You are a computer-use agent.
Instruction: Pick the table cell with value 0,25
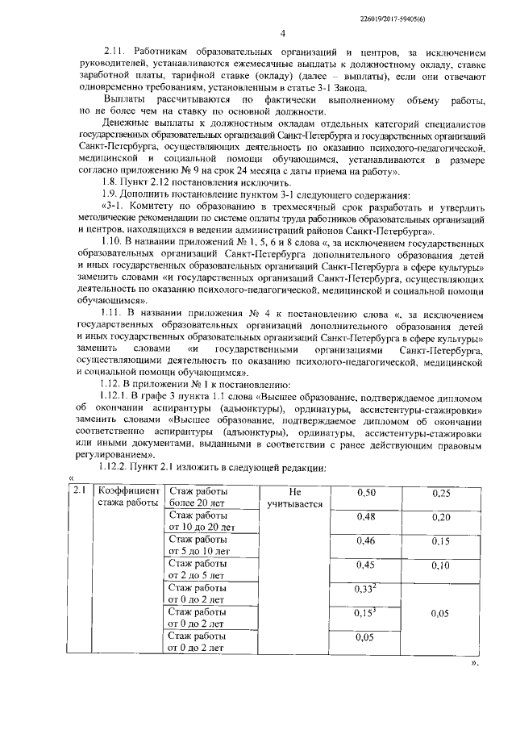click(x=440, y=493)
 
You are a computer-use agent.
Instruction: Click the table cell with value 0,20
click(x=440, y=517)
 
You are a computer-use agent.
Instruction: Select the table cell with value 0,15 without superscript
click(x=440, y=541)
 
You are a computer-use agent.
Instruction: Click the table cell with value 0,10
click(x=440, y=565)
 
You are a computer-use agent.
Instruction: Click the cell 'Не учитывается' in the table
click(x=293, y=498)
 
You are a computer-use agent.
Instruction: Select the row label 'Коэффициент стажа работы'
click(x=129, y=498)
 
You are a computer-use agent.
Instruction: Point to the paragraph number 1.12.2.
click(x=119, y=469)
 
